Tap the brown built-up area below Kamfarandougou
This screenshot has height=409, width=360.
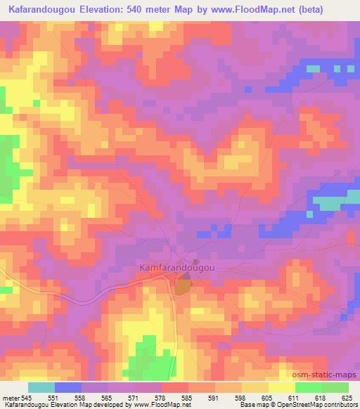[182, 286]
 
